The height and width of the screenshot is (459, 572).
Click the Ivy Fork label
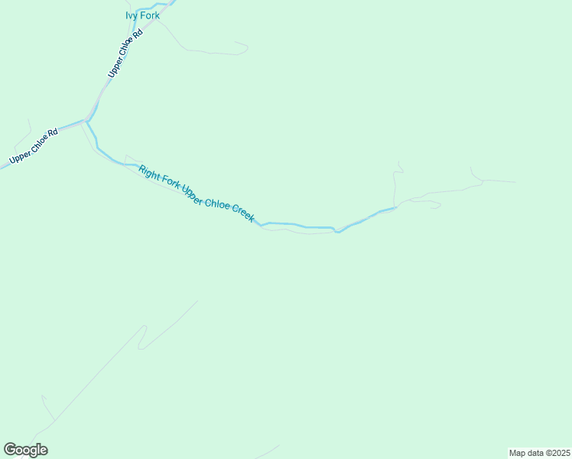click(142, 15)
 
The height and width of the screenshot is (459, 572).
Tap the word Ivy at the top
click(132, 15)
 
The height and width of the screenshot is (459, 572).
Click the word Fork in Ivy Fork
click(149, 15)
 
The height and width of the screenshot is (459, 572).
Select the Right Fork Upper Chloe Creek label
click(197, 194)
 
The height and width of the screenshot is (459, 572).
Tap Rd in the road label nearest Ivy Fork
click(138, 34)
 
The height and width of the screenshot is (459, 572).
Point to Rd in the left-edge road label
click(53, 134)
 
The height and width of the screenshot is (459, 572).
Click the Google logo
click(25, 450)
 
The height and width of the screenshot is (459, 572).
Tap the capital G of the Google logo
click(9, 449)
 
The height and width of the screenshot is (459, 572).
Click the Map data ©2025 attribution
click(539, 453)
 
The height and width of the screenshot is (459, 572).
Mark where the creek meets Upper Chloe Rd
click(86, 121)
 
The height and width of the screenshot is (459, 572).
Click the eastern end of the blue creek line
click(395, 207)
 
